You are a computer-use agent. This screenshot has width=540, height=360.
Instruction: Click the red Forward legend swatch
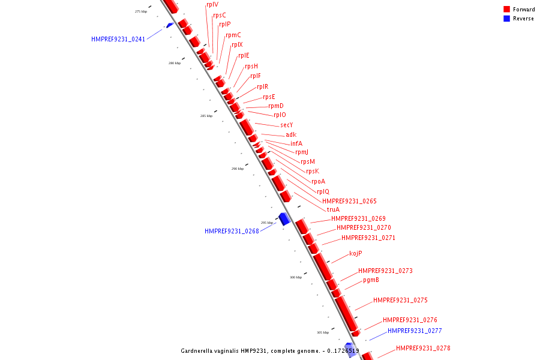pos(506,9)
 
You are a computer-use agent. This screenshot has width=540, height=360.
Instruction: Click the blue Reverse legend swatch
pos(506,19)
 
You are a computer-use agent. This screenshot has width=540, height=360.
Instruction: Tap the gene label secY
pos(286,125)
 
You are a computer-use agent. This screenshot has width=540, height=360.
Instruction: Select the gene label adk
pos(291,134)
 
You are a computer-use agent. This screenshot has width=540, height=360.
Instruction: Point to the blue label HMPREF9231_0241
pos(118,39)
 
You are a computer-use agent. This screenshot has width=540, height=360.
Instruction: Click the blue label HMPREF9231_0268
pos(232,231)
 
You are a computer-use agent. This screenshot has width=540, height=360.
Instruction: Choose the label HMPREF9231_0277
pos(415,331)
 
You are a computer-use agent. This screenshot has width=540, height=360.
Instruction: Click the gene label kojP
pos(355,253)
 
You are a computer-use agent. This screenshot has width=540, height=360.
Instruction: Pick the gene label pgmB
pos(371,280)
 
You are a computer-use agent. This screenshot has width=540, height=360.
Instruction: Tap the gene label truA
pos(333,209)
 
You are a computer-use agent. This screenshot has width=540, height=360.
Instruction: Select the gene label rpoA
pos(318,181)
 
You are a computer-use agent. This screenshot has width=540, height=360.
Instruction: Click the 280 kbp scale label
pos(174,63)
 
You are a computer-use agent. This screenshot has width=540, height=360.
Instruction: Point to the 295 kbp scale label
pos(267,223)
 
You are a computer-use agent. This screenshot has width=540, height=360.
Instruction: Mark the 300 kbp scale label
pos(296,277)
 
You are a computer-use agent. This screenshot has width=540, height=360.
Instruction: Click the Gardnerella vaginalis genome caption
pos(270,350)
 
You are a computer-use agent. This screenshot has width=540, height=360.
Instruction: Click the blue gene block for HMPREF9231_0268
pos(284,219)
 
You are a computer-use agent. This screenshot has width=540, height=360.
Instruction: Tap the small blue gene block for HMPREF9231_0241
pos(170,25)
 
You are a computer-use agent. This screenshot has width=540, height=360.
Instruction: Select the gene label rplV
pos(212,5)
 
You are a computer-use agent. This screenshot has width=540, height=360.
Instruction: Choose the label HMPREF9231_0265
pos(349,201)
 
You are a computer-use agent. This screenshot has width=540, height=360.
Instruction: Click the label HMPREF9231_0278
pos(423,348)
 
